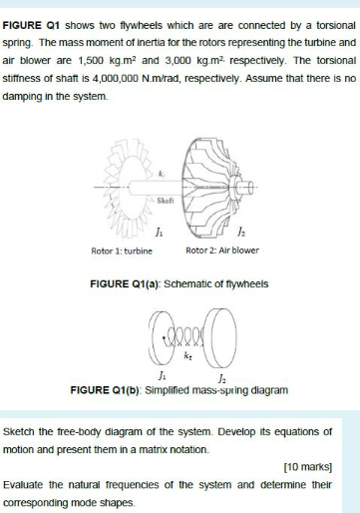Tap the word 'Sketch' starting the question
pyautogui.click(x=22, y=431)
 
